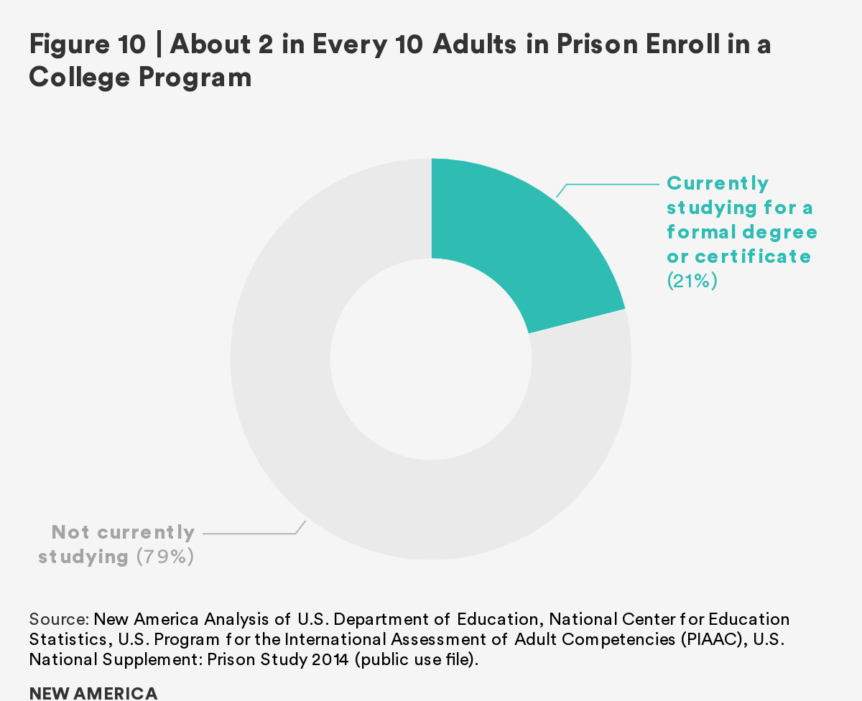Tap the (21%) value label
click(x=692, y=281)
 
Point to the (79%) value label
click(x=165, y=557)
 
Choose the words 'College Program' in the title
click(x=140, y=77)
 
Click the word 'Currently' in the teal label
click(x=718, y=183)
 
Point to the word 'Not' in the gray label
click(x=70, y=532)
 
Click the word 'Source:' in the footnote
click(x=59, y=619)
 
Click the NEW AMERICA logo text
click(x=93, y=693)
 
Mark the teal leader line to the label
click(x=611, y=185)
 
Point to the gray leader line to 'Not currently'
click(x=251, y=533)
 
